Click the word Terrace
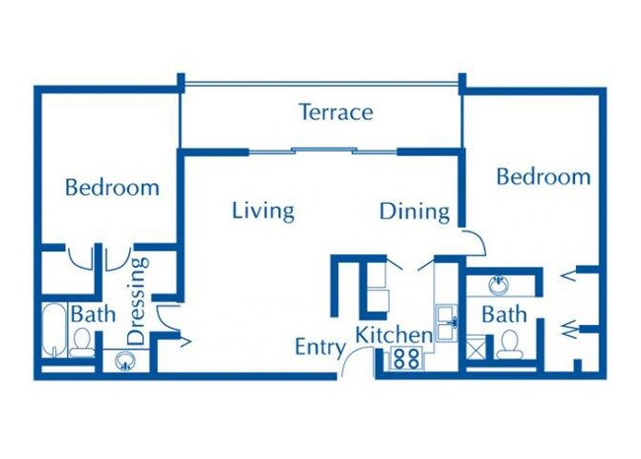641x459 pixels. point(336,111)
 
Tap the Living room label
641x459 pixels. point(263,210)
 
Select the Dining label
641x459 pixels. point(414,211)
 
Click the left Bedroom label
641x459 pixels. point(112,186)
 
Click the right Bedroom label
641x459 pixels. point(543,176)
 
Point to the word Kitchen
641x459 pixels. point(394,334)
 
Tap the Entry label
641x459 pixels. point(320,347)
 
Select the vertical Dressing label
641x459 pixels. point(138,300)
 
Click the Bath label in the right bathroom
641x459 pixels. point(504,315)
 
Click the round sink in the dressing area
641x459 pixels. point(125,361)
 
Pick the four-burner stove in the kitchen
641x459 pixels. point(405,359)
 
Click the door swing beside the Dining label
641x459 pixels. point(472,239)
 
